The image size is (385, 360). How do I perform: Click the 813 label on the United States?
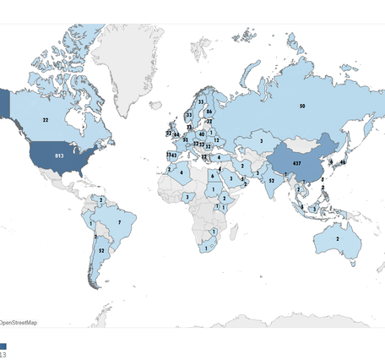[59, 156]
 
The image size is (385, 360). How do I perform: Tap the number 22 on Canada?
[46, 121]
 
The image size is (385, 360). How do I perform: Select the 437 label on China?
[297, 162]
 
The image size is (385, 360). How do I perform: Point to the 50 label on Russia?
[301, 106]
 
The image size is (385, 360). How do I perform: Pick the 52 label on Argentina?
[101, 250]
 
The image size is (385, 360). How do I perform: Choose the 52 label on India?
[271, 180]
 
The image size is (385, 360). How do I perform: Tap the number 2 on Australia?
[339, 239]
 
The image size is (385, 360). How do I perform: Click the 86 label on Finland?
[209, 112]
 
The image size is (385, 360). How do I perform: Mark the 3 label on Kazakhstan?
[262, 141]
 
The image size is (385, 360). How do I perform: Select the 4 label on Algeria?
[181, 173]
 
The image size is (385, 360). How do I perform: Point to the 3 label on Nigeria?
[186, 196]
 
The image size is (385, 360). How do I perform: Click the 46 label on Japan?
[344, 161]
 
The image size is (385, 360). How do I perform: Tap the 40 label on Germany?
[201, 134]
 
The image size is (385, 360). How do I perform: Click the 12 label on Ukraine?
[216, 140]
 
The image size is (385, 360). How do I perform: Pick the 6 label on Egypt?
[212, 175]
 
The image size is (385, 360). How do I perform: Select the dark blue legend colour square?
[3, 346]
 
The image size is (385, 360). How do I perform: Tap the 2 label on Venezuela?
[101, 199]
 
